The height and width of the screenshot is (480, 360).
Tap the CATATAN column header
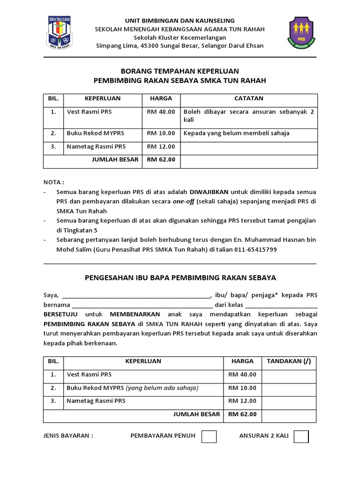249,99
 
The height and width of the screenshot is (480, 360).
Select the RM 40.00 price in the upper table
161,112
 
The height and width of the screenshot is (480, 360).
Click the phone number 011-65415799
256,250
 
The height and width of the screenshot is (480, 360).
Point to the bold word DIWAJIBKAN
209,192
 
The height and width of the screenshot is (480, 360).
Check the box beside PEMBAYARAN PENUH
209,436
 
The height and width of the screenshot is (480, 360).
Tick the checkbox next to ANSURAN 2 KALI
301,436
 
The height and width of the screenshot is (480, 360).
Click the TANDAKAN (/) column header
289,361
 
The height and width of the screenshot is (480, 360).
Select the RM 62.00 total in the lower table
242,414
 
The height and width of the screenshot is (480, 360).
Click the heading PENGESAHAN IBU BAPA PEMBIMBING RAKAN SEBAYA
180,278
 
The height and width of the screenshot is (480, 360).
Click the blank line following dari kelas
281,305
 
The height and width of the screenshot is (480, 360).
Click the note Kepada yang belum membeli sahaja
236,134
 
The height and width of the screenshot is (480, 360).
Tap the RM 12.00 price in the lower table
242,401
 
